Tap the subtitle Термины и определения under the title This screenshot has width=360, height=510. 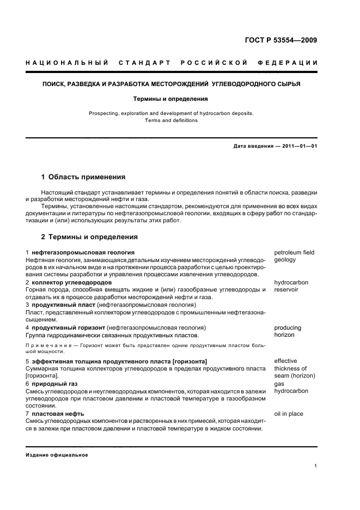click(x=172, y=99)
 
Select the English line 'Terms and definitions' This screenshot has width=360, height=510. click(x=172, y=120)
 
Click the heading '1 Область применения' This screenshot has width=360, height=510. click(x=83, y=177)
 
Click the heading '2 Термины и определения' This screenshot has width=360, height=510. click(x=89, y=237)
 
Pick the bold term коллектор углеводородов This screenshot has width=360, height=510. click(x=71, y=283)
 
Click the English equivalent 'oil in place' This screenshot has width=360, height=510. click(x=289, y=414)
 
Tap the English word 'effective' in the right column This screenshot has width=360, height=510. click(x=285, y=361)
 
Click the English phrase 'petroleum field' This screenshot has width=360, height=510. click(x=294, y=253)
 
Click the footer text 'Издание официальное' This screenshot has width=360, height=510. click(x=57, y=455)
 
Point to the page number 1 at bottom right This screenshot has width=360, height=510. click(x=315, y=466)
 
